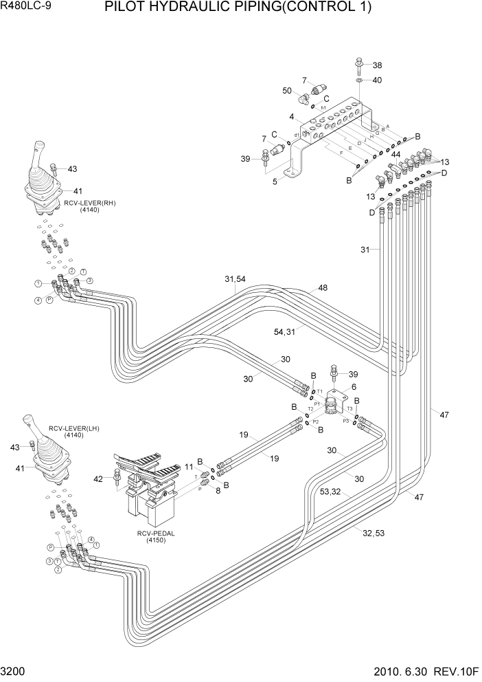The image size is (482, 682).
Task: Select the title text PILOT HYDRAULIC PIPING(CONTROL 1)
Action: [238, 8]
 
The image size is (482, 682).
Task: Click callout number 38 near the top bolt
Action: [377, 65]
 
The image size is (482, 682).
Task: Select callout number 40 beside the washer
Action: [377, 80]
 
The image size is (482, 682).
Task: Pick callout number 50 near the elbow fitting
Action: [287, 91]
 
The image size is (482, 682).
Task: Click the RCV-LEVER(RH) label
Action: [81, 204]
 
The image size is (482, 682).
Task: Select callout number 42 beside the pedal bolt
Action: [98, 478]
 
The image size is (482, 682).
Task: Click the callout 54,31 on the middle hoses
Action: [284, 331]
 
